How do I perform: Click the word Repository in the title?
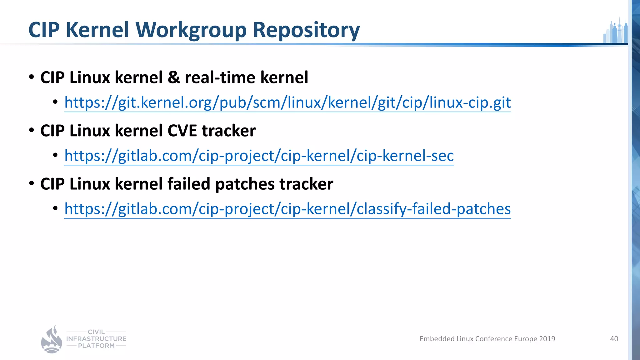[306, 30]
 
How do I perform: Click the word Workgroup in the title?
[191, 30]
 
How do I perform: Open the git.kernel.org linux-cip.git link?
[287, 102]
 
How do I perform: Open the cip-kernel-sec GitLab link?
[259, 156]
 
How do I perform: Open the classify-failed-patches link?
[287, 209]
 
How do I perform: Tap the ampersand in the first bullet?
[174, 77]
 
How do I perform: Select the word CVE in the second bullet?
[182, 131]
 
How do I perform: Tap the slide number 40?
[614, 339]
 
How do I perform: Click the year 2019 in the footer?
[547, 339]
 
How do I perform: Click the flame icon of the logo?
[52, 340]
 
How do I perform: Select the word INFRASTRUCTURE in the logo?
[96, 339]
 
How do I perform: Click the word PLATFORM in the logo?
[96, 346]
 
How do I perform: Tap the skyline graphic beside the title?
[616, 31]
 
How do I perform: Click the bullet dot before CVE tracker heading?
[32, 130]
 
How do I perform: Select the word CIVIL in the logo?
[96, 332]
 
